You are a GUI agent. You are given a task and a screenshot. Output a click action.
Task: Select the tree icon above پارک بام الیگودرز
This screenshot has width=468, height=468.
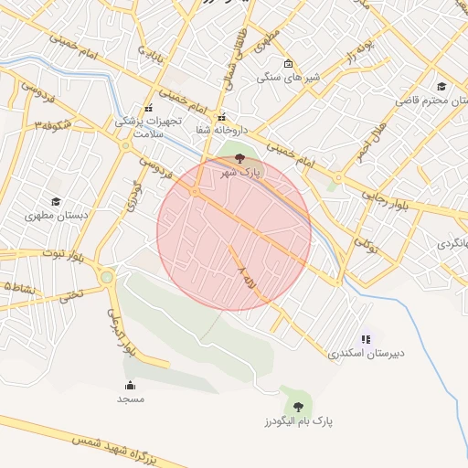[x=298, y=407]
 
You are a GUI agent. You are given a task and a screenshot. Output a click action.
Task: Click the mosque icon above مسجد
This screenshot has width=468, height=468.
[x=130, y=385]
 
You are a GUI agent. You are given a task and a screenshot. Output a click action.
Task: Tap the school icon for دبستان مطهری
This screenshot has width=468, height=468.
[x=56, y=201]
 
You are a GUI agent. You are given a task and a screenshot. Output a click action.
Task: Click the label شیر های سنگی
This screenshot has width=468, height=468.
[x=287, y=78]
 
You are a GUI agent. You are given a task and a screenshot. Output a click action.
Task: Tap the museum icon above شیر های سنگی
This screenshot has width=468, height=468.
[x=289, y=64]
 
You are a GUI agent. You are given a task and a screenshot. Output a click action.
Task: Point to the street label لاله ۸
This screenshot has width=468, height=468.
[x=245, y=277]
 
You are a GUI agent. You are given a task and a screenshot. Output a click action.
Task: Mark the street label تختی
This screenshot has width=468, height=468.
[x=70, y=296]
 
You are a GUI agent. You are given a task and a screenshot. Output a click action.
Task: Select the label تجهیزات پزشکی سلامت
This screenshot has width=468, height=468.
[x=149, y=126]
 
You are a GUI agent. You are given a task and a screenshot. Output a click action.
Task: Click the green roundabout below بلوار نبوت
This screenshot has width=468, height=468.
[x=107, y=276]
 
